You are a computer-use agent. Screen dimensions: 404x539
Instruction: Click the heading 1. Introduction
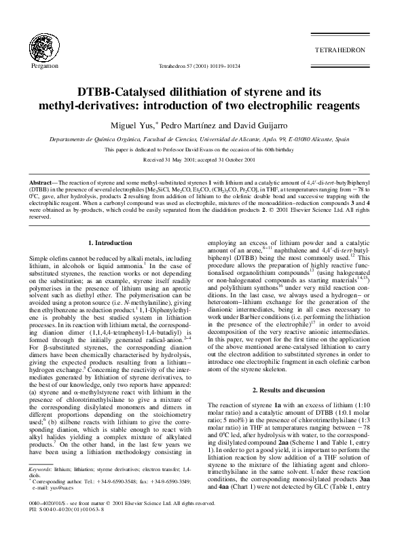(112, 243)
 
